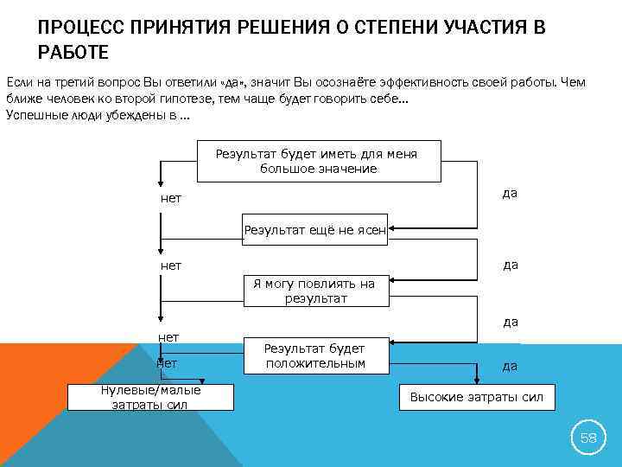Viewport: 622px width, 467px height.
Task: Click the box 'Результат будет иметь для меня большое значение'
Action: (317, 161)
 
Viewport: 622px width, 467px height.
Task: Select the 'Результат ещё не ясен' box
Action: (314, 230)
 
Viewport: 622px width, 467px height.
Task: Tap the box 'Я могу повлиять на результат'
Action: (314, 291)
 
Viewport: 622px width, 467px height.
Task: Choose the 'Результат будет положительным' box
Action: (314, 355)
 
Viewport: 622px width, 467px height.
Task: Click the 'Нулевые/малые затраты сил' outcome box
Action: (150, 397)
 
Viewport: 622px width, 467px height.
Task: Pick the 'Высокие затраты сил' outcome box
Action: (476, 397)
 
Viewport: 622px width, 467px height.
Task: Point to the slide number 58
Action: (587, 438)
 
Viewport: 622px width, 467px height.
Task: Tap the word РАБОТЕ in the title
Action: (73, 54)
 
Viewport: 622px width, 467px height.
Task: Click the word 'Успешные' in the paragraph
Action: (34, 116)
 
